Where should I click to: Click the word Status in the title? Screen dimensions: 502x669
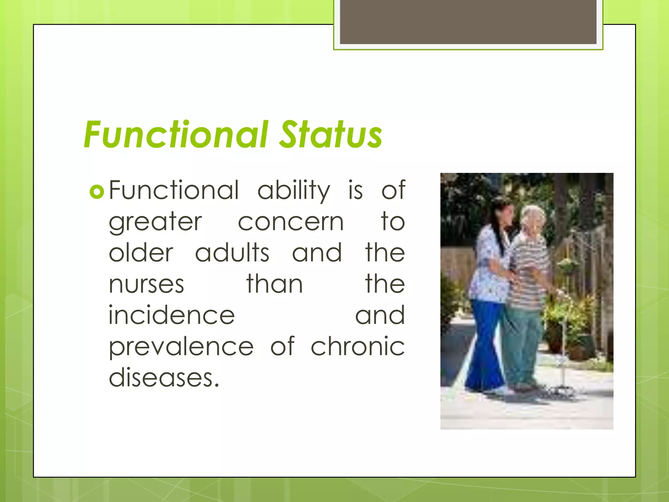pos(331,135)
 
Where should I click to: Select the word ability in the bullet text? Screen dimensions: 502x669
pos(294,191)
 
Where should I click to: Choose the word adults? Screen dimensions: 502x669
pos(232,253)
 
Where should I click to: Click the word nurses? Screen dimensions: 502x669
pos(146,284)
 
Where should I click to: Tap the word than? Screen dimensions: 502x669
pos(274,284)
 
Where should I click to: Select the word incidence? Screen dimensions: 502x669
pos(171,315)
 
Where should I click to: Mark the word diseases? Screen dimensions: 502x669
pos(163,378)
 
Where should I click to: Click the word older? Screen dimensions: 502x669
pos(141,253)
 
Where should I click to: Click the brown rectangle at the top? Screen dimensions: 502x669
pos(468,22)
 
